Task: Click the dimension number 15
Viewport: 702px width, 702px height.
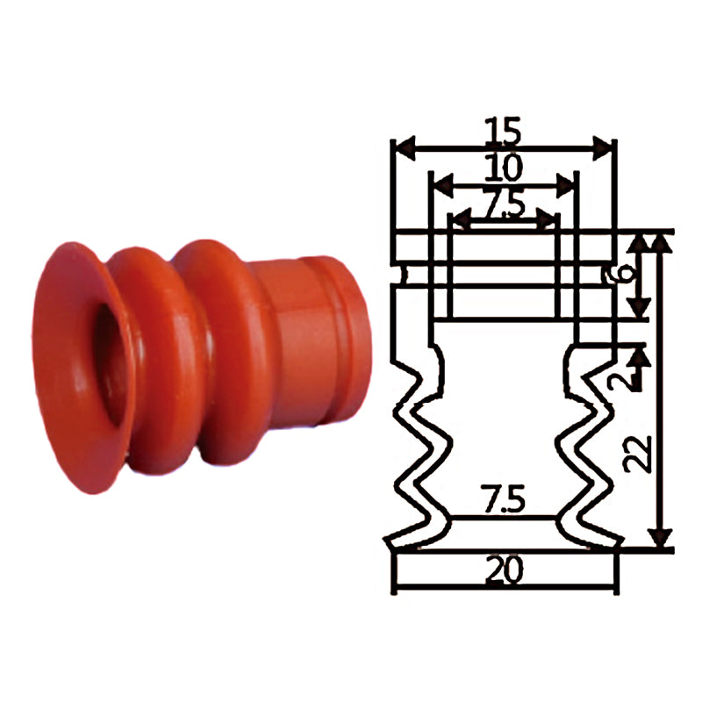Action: pyautogui.click(x=504, y=131)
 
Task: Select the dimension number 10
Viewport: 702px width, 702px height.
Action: pyautogui.click(x=504, y=168)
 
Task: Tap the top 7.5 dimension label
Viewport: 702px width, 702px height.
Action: pyautogui.click(x=504, y=206)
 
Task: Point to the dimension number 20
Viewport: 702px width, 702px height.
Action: pyautogui.click(x=504, y=569)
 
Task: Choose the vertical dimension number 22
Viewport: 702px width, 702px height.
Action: pyautogui.click(x=638, y=454)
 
